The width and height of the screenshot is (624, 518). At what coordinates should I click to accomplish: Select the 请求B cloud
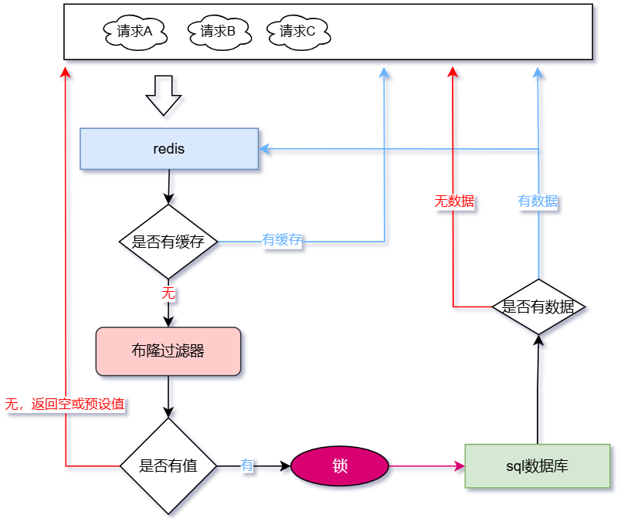coord(219,32)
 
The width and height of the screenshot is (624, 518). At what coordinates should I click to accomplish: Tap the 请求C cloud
coord(298,32)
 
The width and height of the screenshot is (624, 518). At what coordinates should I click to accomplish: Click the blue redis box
coord(169,149)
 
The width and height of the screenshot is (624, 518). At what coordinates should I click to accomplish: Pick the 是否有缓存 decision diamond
coord(168,242)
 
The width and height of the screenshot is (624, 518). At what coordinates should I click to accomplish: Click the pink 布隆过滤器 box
coord(168,351)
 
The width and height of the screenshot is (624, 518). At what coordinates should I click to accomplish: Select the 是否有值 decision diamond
coord(168,466)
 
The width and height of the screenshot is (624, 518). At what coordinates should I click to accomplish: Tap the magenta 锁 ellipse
coord(340,466)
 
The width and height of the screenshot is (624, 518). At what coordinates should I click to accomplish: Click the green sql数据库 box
coord(538,466)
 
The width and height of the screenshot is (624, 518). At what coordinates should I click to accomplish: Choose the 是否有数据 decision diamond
coord(538,306)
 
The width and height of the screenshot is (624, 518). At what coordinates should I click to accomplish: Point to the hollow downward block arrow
coord(163,94)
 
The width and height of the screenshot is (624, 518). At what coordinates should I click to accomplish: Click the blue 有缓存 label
coord(282,241)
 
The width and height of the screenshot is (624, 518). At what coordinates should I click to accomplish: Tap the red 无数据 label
coord(454,201)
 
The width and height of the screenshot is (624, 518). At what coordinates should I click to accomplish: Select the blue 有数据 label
coord(538,201)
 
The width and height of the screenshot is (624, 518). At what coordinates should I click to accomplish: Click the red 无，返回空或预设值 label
coord(65,404)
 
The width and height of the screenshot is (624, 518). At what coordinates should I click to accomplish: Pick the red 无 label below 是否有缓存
coord(168,293)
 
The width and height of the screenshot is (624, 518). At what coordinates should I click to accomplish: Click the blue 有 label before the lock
coord(247,466)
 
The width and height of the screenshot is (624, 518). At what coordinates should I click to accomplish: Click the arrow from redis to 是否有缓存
coord(168,187)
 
